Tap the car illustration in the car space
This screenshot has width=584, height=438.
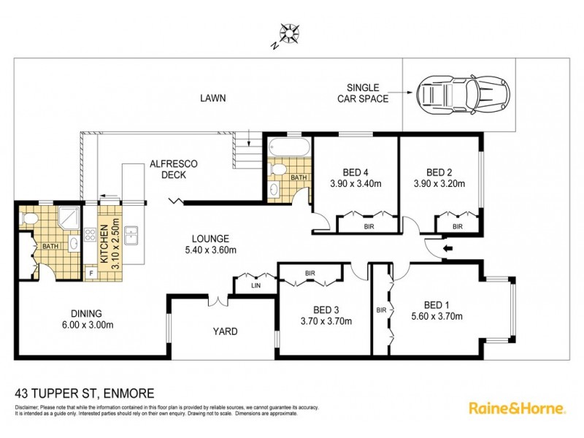pyautogui.click(x=457, y=93)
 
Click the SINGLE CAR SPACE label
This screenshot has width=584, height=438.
pyautogui.click(x=363, y=93)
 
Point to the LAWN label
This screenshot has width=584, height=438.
pyautogui.click(x=213, y=98)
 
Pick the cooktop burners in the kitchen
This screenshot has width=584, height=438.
pyautogui.click(x=91, y=235)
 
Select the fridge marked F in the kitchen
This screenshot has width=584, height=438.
pyautogui.click(x=91, y=274)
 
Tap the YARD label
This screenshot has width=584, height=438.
pyautogui.click(x=225, y=331)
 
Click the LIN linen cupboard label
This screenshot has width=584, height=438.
pyautogui.click(x=254, y=286)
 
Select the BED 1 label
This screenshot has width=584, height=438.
pyautogui.click(x=438, y=305)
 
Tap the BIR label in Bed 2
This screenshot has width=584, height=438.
pyautogui.click(x=457, y=227)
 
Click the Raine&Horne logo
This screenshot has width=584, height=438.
pyautogui.click(x=515, y=407)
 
